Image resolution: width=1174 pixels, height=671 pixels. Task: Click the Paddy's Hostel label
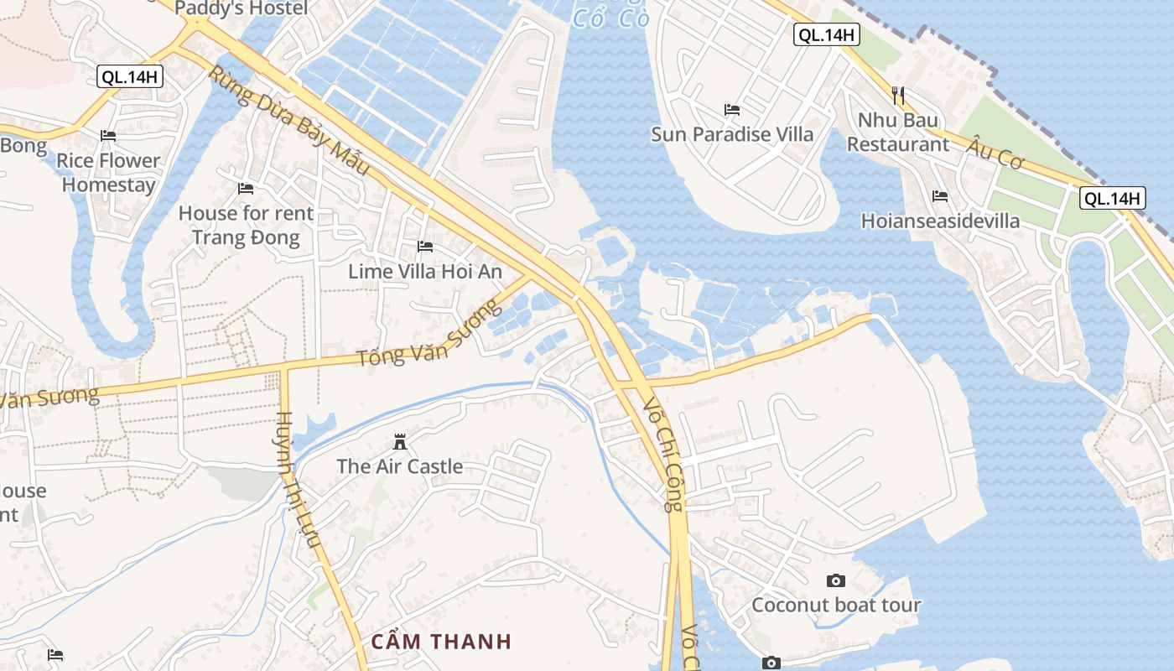pyautogui.click(x=242, y=8)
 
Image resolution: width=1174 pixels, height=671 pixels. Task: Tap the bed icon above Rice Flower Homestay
pyautogui.click(x=108, y=135)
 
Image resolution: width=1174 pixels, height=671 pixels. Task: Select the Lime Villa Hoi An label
pyautogui.click(x=425, y=271)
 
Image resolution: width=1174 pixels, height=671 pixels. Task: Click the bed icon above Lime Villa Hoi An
pyautogui.click(x=425, y=247)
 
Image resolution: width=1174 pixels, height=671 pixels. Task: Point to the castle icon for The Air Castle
pyautogui.click(x=400, y=441)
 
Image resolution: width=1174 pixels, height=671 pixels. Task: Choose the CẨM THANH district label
pyautogui.click(x=441, y=642)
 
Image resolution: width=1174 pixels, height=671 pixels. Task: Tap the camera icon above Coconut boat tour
pyautogui.click(x=835, y=580)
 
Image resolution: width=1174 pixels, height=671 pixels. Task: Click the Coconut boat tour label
pyautogui.click(x=836, y=605)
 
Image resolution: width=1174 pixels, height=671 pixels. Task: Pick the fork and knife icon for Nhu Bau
pyautogui.click(x=898, y=95)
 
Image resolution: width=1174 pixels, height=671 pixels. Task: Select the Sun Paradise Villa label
pyautogui.click(x=732, y=134)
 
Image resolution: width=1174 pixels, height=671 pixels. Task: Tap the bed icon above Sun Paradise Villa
pyautogui.click(x=732, y=110)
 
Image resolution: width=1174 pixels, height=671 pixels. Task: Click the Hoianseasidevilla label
pyautogui.click(x=941, y=221)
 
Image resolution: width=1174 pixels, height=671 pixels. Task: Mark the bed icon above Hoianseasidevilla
pyautogui.click(x=940, y=196)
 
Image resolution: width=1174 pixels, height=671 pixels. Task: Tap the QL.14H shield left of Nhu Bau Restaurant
pyautogui.click(x=827, y=34)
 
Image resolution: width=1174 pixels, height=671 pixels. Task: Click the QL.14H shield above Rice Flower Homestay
pyautogui.click(x=130, y=76)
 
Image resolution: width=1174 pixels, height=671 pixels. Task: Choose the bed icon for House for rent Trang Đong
pyautogui.click(x=246, y=189)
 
